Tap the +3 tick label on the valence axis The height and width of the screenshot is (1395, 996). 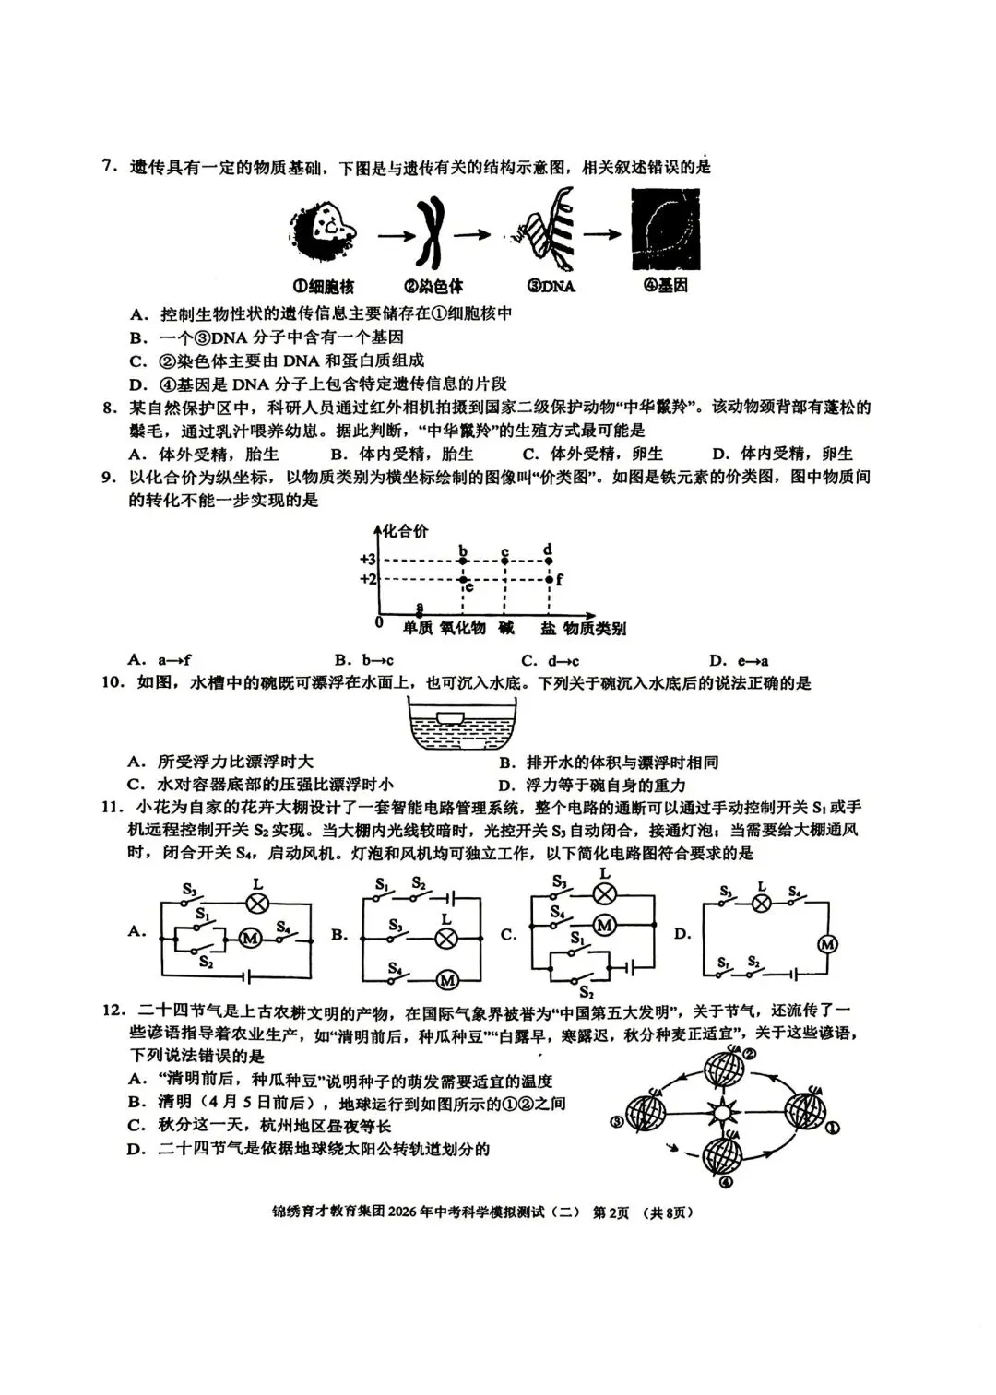(x=368, y=560)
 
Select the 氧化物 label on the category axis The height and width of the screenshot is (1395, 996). (x=462, y=629)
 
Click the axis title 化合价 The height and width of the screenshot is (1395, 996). (x=406, y=531)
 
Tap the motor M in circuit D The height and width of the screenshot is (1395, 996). (x=827, y=943)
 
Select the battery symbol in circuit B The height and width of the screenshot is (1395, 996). (x=450, y=896)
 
